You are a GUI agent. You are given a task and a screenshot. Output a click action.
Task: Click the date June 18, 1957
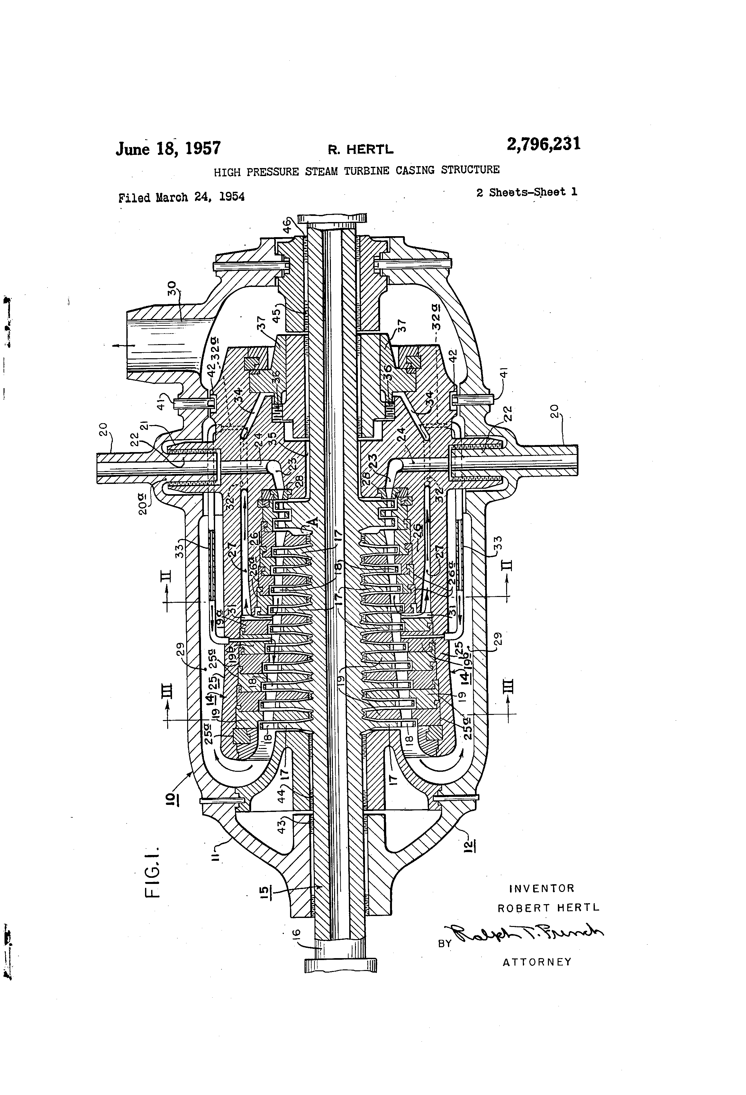[168, 149]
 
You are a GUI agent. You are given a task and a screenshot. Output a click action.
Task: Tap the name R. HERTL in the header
[360, 150]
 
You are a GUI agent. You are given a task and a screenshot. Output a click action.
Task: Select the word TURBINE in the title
[366, 171]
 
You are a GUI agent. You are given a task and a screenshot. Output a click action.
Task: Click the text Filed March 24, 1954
[182, 197]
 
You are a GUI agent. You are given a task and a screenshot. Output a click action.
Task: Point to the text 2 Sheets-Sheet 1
[526, 192]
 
